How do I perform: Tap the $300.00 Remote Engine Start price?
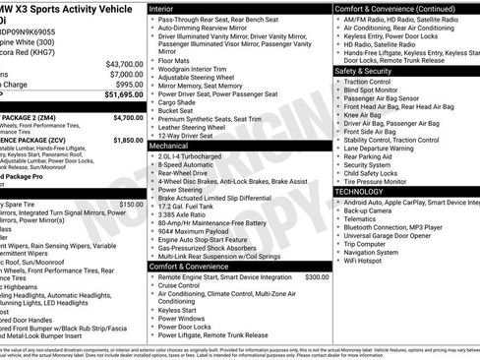pyautogui.click(x=317, y=277)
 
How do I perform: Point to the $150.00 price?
pyautogui.click(x=131, y=204)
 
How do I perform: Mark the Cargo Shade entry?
pyautogui.click(x=178, y=102)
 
